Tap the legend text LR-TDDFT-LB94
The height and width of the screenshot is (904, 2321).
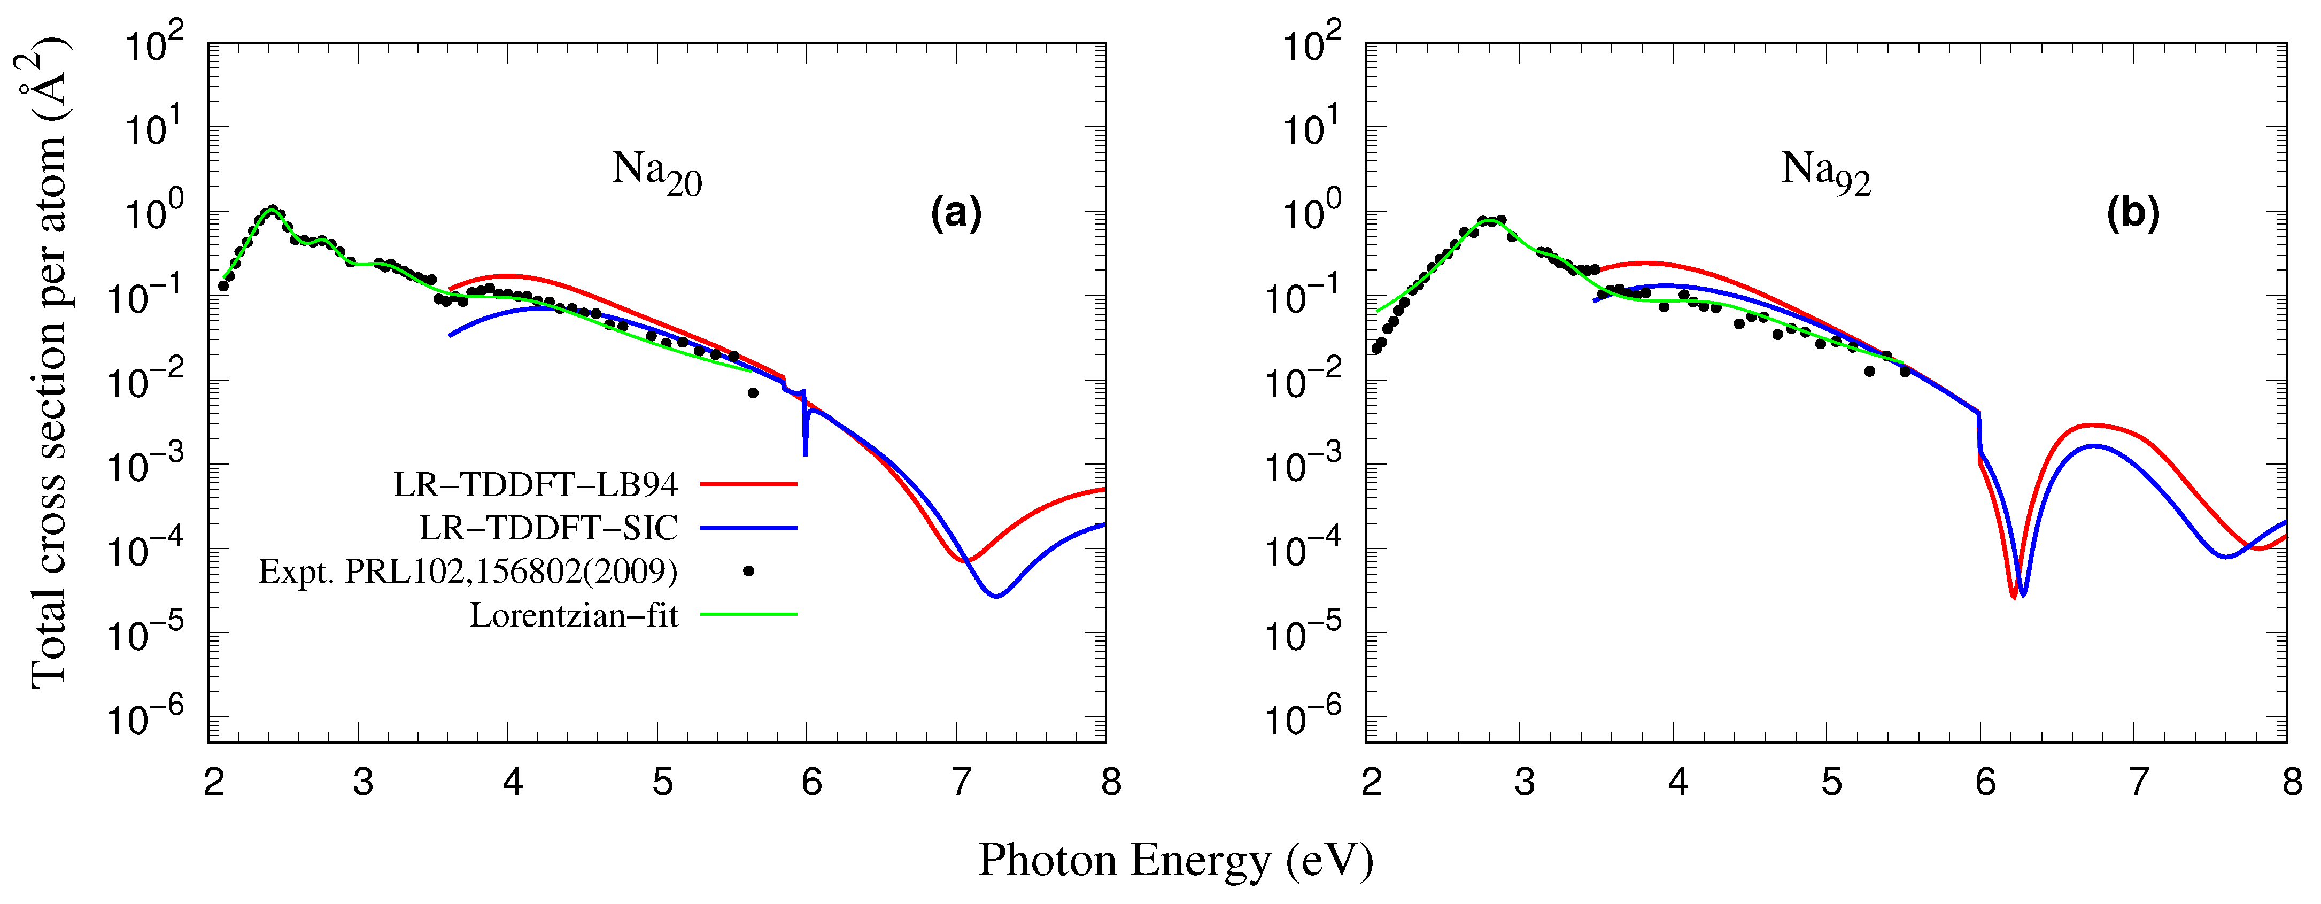click(535, 485)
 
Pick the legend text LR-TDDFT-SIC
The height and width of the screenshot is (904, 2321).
click(548, 528)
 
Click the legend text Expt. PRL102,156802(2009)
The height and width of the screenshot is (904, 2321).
click(468, 571)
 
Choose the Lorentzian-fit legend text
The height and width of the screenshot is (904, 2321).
click(574, 615)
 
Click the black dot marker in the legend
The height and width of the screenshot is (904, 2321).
click(748, 570)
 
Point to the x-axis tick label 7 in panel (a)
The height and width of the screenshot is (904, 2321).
click(961, 782)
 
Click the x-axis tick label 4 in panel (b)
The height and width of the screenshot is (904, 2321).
click(1678, 782)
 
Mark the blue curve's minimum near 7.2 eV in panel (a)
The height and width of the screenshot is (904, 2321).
click(996, 596)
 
